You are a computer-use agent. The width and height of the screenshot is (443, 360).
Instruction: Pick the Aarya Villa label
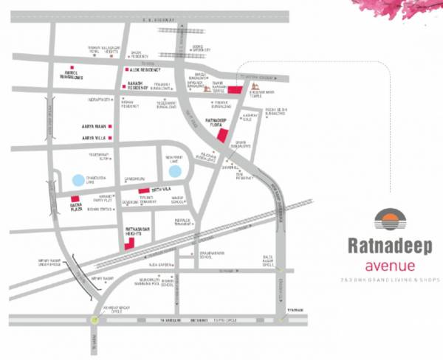(x=94, y=138)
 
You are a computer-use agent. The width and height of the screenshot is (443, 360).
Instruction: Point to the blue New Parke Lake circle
(x=175, y=171)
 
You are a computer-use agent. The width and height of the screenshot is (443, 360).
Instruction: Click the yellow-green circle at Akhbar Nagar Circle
(x=92, y=319)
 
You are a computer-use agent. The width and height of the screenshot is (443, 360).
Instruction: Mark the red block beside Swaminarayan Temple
(x=235, y=89)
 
